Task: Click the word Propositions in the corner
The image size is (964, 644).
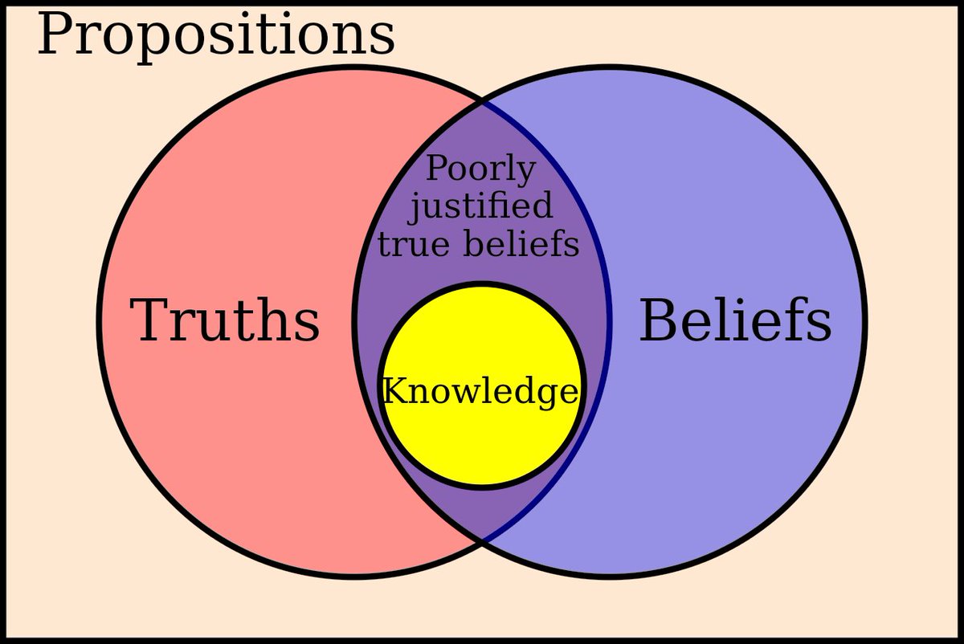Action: [x=215, y=36]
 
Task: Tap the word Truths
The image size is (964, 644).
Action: [x=225, y=320]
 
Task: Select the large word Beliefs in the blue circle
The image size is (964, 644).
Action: [x=734, y=320]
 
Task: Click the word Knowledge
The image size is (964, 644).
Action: [x=480, y=392]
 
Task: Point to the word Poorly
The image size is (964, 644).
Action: [x=480, y=169]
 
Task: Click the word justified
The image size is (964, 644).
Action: [x=480, y=206]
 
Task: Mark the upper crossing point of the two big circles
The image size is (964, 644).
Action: [x=482, y=103]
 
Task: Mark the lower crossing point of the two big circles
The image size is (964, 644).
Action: [x=482, y=540]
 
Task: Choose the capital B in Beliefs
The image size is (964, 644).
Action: [x=657, y=320]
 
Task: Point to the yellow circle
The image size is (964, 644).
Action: [x=482, y=434]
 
